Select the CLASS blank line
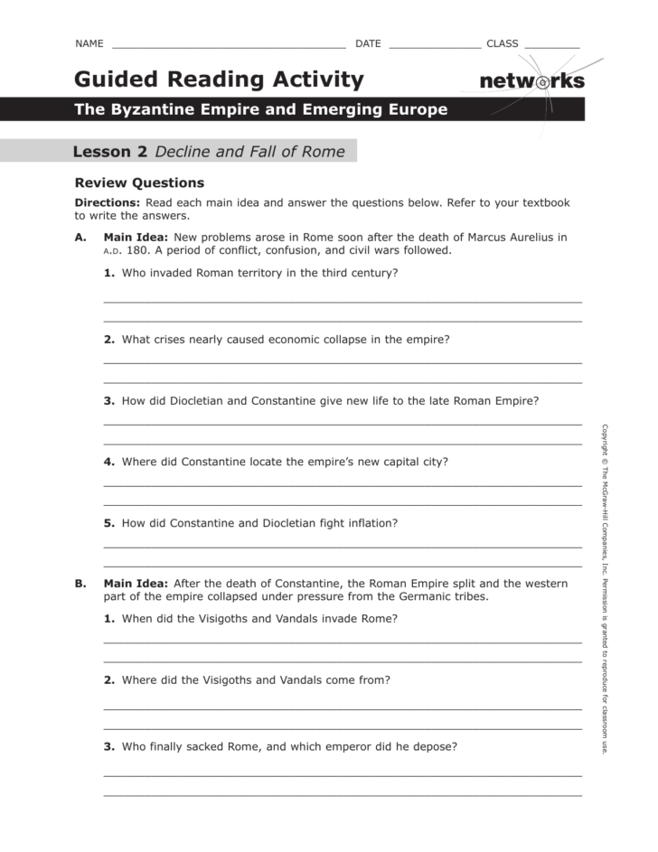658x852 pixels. click(551, 45)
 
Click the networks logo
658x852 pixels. click(531, 81)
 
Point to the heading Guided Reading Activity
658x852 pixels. click(219, 80)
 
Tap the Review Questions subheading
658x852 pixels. click(139, 183)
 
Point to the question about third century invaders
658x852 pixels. click(259, 273)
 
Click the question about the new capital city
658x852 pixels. click(284, 462)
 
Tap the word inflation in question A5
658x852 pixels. click(371, 523)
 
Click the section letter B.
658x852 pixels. click(80, 584)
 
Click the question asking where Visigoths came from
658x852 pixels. click(255, 680)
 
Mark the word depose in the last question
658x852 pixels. click(436, 747)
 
